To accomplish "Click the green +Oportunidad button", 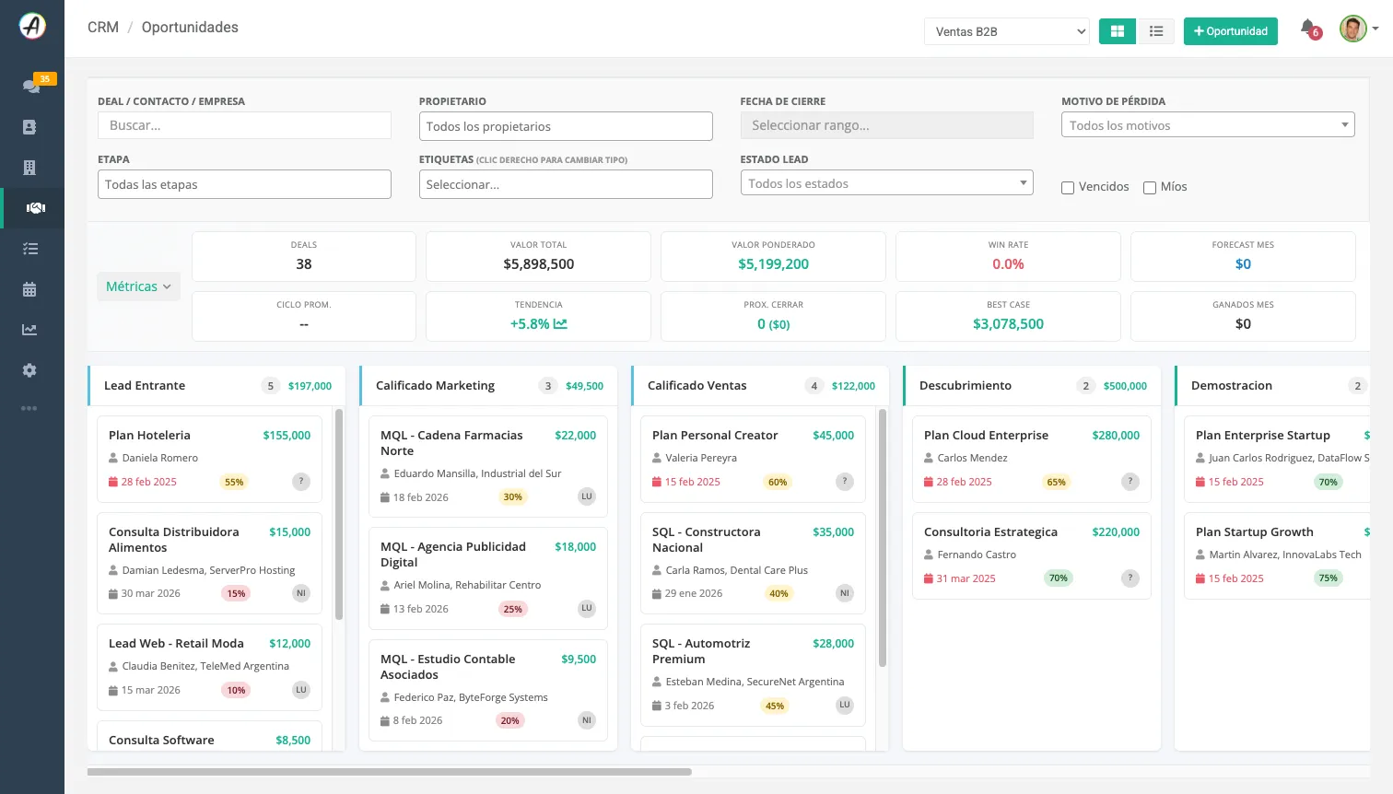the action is coord(1230,31).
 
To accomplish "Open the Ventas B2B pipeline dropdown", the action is coord(1007,31).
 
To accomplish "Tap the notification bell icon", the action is coord(1307,28).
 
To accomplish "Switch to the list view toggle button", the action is coord(1156,31).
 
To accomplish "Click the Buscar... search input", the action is coord(244,125).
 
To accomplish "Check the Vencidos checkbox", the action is coord(1068,188).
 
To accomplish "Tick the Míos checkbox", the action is coord(1150,188).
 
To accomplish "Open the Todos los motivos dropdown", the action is coord(1208,125).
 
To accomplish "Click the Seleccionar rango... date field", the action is coord(887,125).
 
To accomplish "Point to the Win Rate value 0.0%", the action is coord(1008,264).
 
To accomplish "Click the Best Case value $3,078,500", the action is coord(1008,324).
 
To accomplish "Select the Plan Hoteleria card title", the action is coord(149,436).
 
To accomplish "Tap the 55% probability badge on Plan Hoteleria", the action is coord(234,482).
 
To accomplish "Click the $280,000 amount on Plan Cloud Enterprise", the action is coord(1116,436).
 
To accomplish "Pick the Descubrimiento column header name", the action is coord(966,386).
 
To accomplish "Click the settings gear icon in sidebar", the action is coord(29,370).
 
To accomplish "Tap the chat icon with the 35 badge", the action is coord(31,86).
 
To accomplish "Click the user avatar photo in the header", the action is coord(1352,29).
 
